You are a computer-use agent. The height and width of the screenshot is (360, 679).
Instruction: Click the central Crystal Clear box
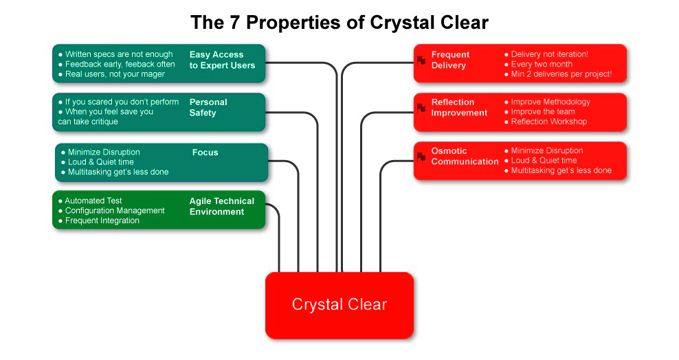[x=339, y=304]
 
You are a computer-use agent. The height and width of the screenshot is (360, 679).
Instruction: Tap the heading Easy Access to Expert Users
[x=222, y=60]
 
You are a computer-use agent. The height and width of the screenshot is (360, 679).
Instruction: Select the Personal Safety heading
[x=208, y=107]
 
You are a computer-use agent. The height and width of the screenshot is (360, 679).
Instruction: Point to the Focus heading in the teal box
[x=205, y=153]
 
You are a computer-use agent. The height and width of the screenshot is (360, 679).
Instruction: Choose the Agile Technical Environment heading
[x=222, y=206]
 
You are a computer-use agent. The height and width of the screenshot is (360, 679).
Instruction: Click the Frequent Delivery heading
[x=450, y=60]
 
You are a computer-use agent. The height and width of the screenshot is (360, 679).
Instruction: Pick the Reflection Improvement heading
[x=459, y=107]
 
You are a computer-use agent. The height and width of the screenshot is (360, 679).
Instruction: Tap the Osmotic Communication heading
[x=465, y=156]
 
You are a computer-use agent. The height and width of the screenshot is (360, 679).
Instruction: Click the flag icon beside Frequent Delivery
[x=421, y=60]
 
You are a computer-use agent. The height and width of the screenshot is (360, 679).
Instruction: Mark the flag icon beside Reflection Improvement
[x=421, y=108]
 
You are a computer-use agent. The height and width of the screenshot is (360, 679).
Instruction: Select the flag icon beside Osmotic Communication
[x=421, y=157]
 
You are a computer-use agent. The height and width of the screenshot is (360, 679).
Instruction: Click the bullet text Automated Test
[x=93, y=201]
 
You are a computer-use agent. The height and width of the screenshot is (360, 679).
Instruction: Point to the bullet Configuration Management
[x=115, y=211]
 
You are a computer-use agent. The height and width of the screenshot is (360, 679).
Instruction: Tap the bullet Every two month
[x=542, y=64]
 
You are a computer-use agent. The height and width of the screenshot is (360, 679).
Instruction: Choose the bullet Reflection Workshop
[x=549, y=122]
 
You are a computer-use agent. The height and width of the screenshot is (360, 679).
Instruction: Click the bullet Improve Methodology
[x=550, y=102]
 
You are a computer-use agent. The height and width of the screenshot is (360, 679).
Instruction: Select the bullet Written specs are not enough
[x=119, y=54]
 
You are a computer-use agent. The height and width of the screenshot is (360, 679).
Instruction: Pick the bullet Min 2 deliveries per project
[x=561, y=74]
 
